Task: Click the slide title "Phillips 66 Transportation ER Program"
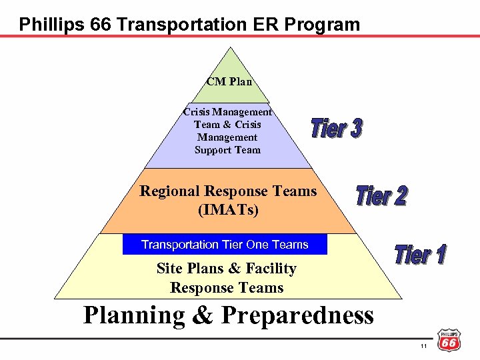(189, 25)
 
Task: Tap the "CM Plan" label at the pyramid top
(229, 82)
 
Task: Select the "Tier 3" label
(337, 129)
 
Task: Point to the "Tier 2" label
(381, 196)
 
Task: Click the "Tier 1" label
(420, 254)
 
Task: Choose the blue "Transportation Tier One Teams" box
(225, 245)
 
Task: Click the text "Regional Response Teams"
(228, 191)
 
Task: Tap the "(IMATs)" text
(228, 210)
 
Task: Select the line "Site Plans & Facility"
(226, 269)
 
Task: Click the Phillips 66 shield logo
(449, 340)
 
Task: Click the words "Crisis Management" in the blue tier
(227, 112)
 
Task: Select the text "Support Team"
(227, 150)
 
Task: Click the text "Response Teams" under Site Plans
(227, 288)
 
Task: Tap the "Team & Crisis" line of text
(227, 125)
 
